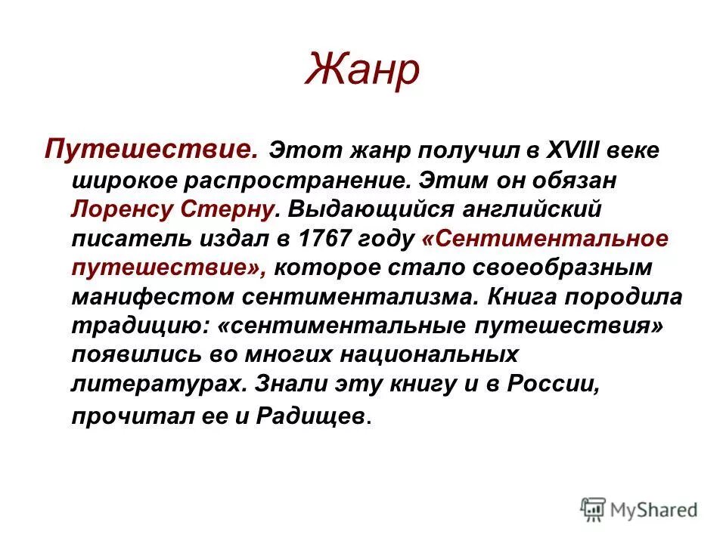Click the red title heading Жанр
coord(362,70)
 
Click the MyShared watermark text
coord(655,510)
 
